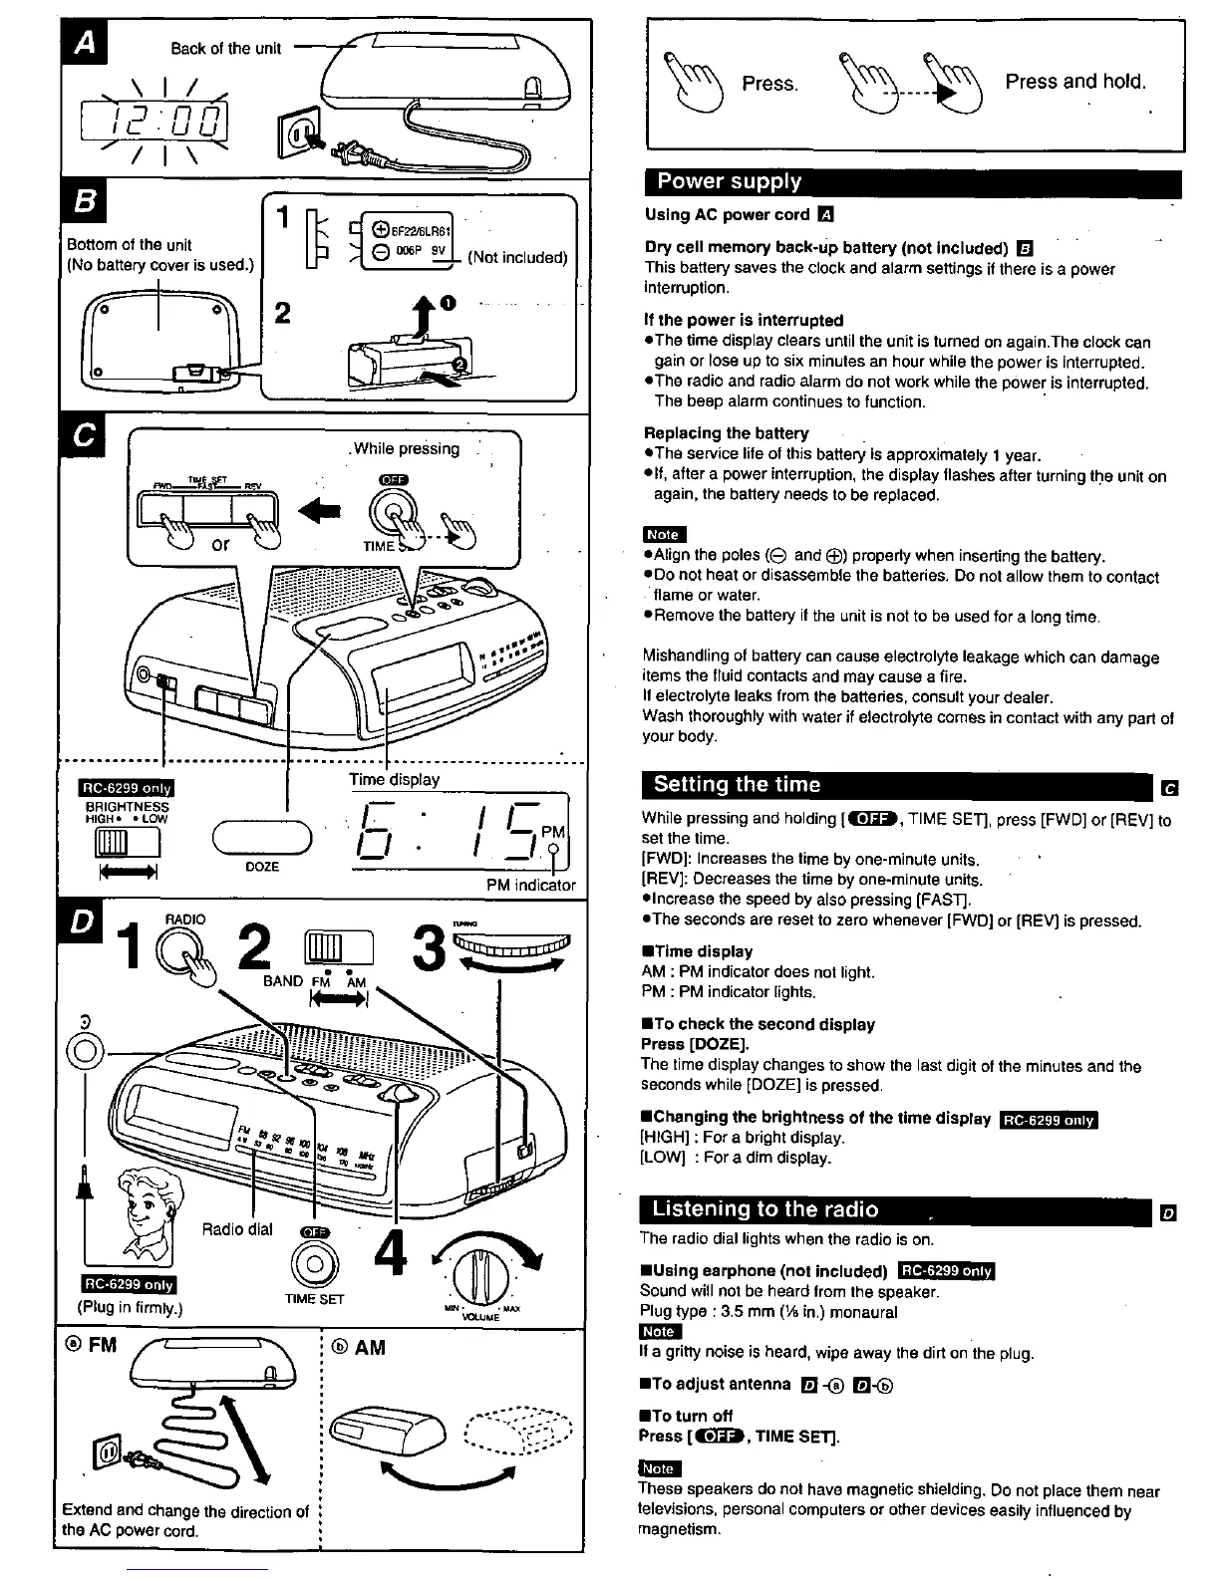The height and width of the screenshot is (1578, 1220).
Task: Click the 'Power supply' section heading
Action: pyautogui.click(x=730, y=182)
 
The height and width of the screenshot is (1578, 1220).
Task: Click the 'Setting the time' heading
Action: pyautogui.click(x=737, y=785)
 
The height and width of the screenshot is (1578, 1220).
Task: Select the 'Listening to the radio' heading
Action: pyautogui.click(x=764, y=1210)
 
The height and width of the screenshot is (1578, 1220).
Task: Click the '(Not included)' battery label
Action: pyautogui.click(x=517, y=257)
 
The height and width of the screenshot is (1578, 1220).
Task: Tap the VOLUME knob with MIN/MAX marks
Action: pyautogui.click(x=475, y=1274)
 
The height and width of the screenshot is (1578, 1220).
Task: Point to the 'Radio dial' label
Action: pyautogui.click(x=237, y=1229)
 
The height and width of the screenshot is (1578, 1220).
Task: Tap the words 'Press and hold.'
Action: pyautogui.click(x=1075, y=82)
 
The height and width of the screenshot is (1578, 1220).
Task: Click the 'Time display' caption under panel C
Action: pyautogui.click(x=394, y=779)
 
